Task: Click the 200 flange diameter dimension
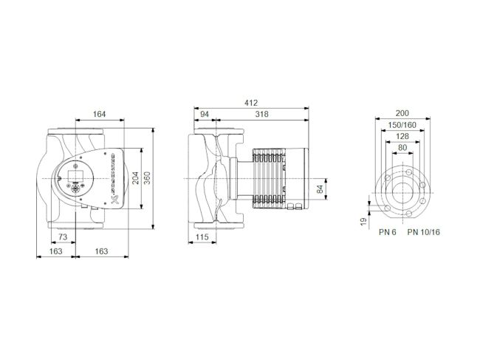402,113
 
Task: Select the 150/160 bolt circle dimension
402,125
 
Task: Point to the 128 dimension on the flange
402,137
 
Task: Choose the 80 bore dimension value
402,149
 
